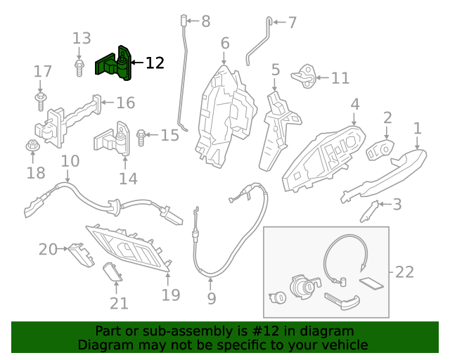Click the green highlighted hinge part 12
[115, 64]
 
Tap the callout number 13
[82, 38]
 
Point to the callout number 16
[125, 103]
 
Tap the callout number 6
[225, 44]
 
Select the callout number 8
[205, 22]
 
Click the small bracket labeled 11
[307, 72]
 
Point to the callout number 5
[275, 70]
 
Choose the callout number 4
[355, 104]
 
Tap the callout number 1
[417, 129]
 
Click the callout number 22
[404, 271]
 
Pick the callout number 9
[212, 298]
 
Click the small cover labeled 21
[112, 272]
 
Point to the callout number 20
[48, 249]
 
